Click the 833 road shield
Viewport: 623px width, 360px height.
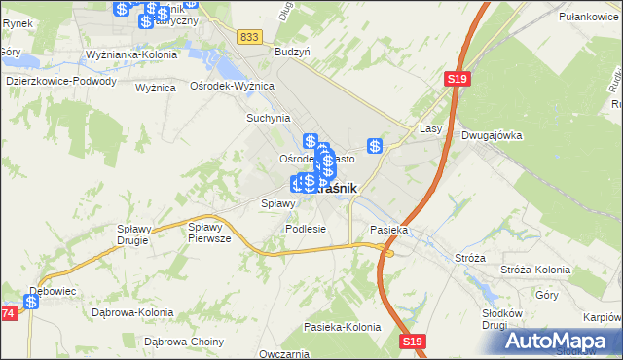click(250, 36)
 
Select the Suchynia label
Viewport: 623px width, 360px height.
click(269, 118)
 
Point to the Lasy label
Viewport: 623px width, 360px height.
click(431, 128)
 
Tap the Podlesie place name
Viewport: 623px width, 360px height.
click(305, 229)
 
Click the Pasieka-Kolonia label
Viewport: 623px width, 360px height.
click(342, 327)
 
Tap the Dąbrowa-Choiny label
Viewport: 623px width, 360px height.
click(184, 342)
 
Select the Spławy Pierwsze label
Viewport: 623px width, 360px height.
click(209, 232)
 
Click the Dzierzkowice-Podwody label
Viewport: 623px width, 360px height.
click(60, 82)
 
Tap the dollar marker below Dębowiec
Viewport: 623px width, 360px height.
click(32, 303)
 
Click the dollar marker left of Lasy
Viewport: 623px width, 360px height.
click(375, 146)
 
